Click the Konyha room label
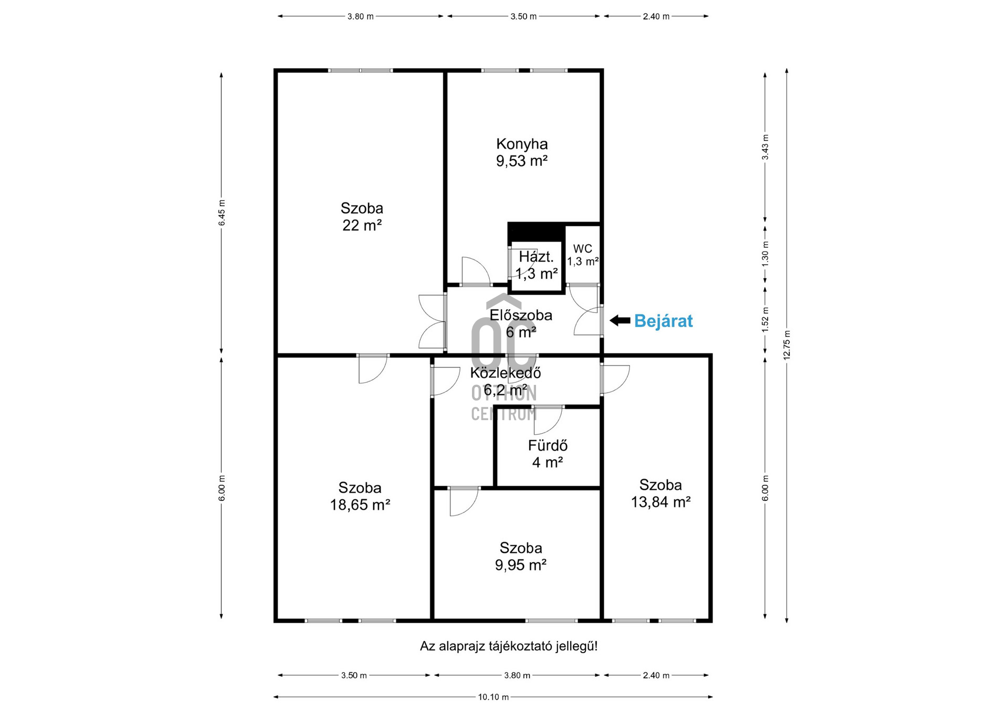[522, 144]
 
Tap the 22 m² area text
[362, 225]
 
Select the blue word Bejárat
[664, 321]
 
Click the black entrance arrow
[620, 320]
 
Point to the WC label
[583, 249]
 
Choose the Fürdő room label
[548, 445]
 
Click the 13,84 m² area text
[660, 502]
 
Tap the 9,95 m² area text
[521, 565]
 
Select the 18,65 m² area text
[360, 505]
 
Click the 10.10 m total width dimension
[493, 697]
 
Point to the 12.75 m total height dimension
[786, 344]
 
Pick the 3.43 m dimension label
[765, 147]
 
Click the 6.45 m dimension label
[222, 213]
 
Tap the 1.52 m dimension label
[765, 319]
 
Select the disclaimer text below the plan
[509, 646]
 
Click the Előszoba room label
[521, 315]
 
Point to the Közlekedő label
[506, 373]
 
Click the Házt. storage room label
[536, 257]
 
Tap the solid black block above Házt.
[536, 232]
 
